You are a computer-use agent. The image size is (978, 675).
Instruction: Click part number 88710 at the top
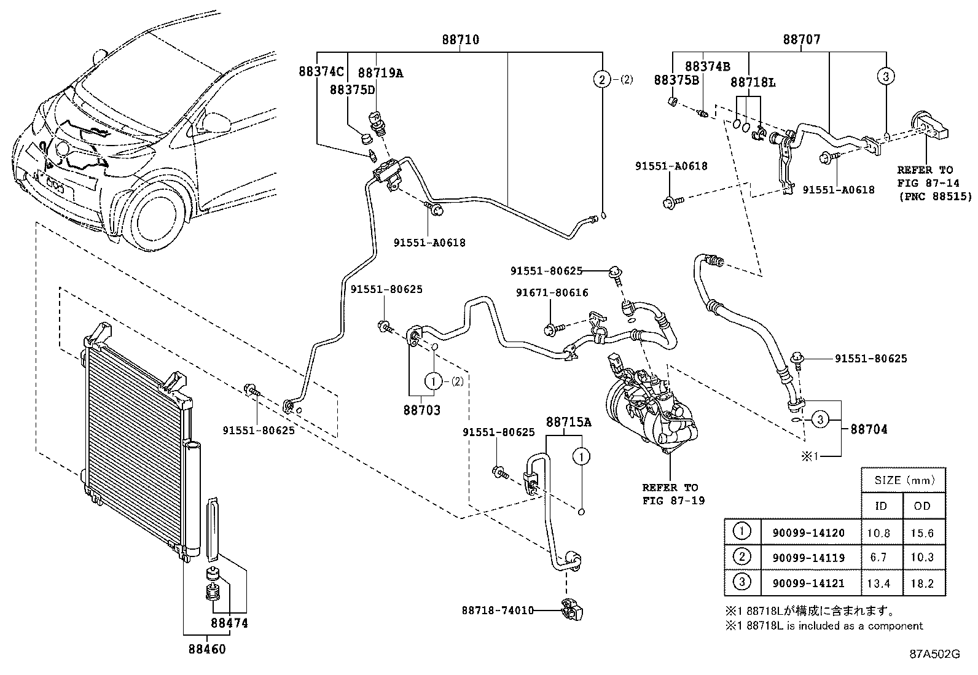click(x=461, y=40)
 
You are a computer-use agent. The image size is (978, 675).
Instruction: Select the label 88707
click(x=801, y=40)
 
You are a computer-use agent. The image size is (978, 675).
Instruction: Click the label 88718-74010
click(x=497, y=611)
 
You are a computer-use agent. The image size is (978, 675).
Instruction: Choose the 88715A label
click(x=568, y=422)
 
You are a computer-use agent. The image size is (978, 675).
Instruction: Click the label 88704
click(x=869, y=429)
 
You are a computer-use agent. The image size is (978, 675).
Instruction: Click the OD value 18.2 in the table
click(x=923, y=583)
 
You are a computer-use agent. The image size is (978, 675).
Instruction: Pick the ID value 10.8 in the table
click(x=878, y=533)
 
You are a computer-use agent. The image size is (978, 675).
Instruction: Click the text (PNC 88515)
click(x=934, y=197)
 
